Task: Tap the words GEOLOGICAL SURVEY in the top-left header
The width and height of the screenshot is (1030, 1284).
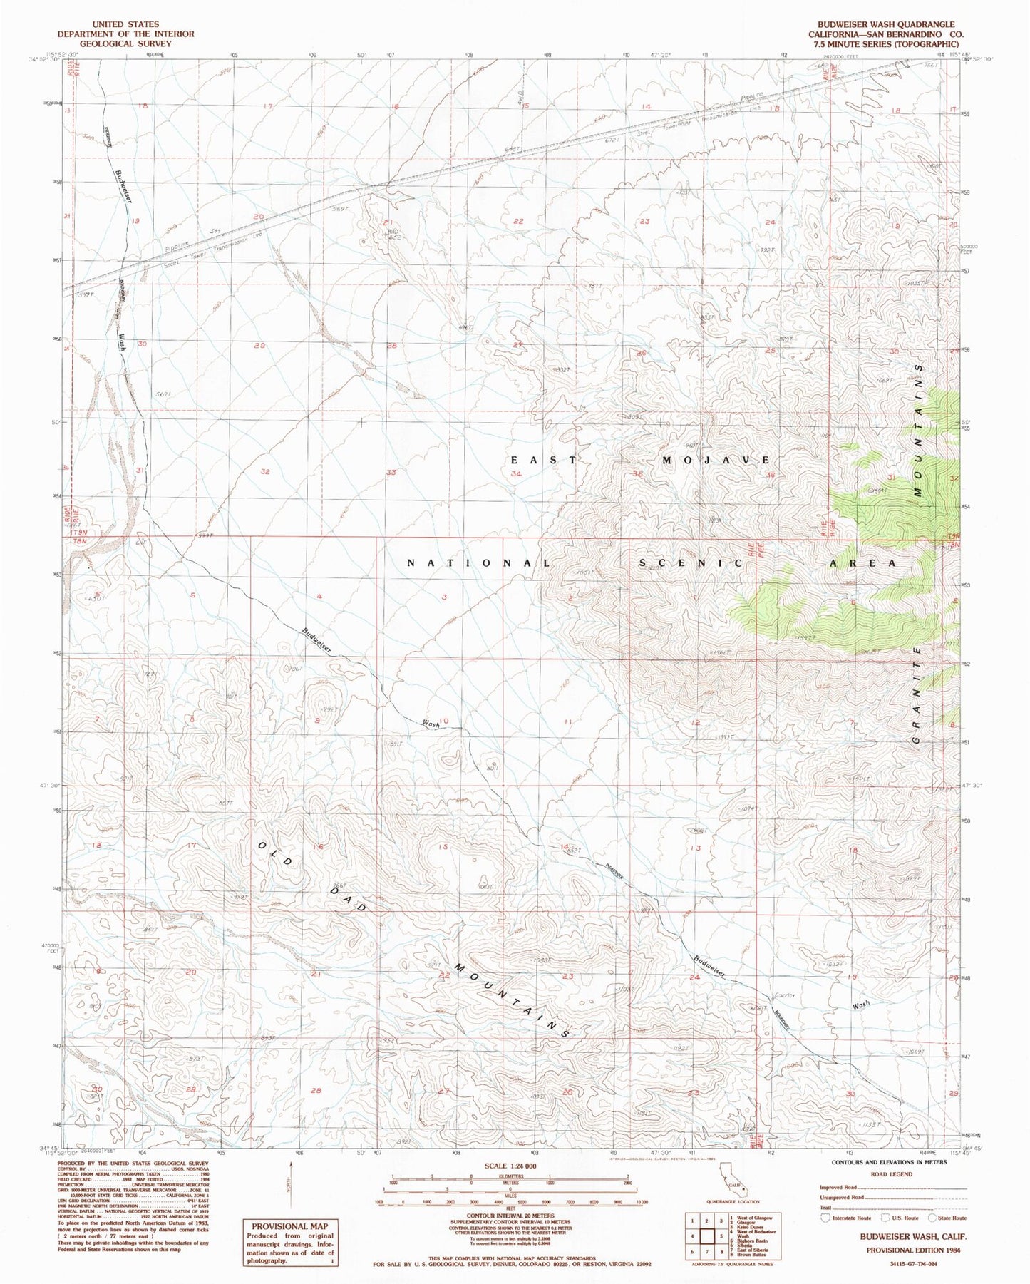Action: point(125,43)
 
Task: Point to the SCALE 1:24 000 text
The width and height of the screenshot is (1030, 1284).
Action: point(510,1166)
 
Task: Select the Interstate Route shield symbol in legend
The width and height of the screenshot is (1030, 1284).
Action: point(825,1218)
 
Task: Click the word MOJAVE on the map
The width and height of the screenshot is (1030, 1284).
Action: point(716,460)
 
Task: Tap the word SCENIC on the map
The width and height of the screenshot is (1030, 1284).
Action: point(689,563)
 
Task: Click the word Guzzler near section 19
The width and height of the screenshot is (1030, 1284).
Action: point(784,995)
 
